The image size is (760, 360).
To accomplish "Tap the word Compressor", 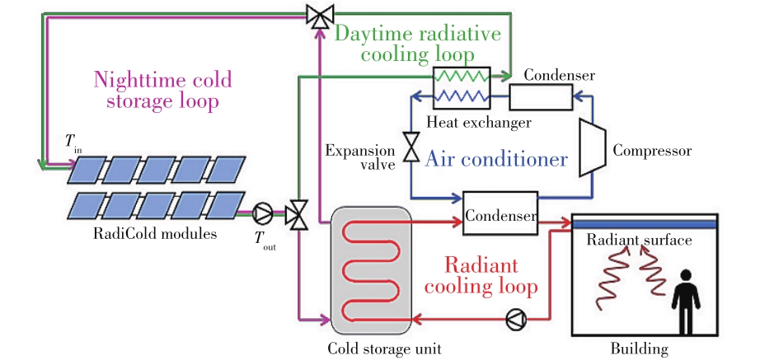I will click(x=651, y=152).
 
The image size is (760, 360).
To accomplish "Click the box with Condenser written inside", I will click(x=500, y=216).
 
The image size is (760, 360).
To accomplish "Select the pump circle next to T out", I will click(x=264, y=214).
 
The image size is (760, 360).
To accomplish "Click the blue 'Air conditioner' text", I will click(x=496, y=159).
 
